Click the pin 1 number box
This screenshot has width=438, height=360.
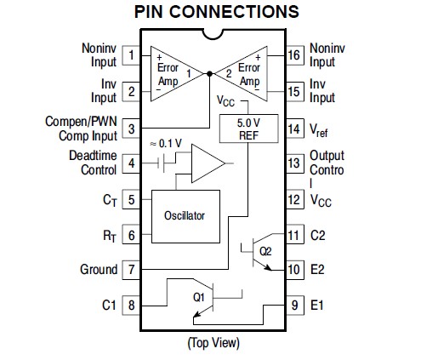(x=131, y=55)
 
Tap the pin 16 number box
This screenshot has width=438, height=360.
(x=294, y=55)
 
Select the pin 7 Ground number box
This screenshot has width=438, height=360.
(x=131, y=270)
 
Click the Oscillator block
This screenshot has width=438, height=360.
(x=185, y=216)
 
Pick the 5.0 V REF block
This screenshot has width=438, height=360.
(x=248, y=129)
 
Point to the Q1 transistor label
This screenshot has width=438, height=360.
(x=199, y=297)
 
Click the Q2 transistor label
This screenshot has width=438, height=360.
(x=265, y=251)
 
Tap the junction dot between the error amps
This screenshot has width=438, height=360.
(x=209, y=74)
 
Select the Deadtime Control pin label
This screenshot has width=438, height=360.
(x=93, y=163)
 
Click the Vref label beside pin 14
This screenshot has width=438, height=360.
(x=319, y=130)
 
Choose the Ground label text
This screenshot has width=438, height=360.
(x=99, y=270)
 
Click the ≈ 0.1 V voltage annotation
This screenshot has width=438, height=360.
(x=166, y=144)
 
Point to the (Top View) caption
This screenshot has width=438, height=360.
(x=213, y=343)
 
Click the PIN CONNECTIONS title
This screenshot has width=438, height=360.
(x=217, y=12)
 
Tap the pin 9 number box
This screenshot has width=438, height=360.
(x=294, y=306)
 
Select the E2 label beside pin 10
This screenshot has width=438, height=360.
(x=317, y=270)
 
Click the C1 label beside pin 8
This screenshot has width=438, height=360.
(x=109, y=306)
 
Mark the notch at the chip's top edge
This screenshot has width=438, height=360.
(x=213, y=33)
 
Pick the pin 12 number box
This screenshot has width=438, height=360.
(x=294, y=200)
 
